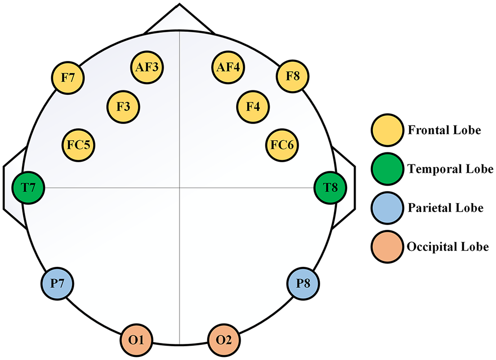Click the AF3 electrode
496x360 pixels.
tap(147, 67)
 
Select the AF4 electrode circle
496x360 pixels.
tap(228, 67)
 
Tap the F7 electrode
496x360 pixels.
tap(68, 77)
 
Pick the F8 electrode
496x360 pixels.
tap(293, 76)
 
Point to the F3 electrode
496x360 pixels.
tap(123, 107)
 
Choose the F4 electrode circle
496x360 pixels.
tap(253, 107)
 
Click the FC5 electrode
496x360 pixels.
tap(78, 145)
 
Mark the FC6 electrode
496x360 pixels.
tap(282, 145)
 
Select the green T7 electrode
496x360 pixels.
tap(28, 188)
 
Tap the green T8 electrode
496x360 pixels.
tap(330, 188)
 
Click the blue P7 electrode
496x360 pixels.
tap(57, 284)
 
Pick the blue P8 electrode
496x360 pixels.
tap(303, 284)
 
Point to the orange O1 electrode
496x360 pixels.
tap(136, 340)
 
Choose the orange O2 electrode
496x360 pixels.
tap(224, 340)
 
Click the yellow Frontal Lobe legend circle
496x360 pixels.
tap(388, 130)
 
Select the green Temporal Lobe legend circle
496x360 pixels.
tap(388, 169)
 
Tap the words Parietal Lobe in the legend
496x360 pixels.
tap(445, 208)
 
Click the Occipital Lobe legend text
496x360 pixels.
tap(448, 247)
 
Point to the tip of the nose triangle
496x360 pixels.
tap(179, 4)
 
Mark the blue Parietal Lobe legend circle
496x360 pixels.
tap(388, 208)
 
